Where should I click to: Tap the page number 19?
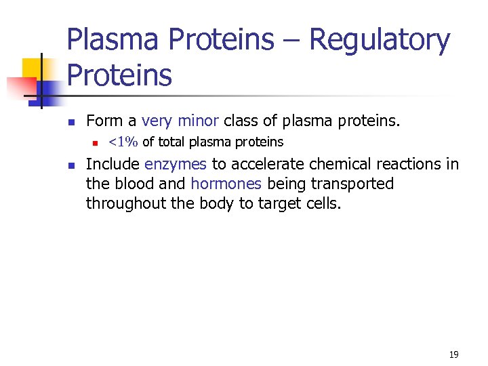pyautogui.click(x=453, y=354)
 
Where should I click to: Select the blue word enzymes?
pyautogui.click(x=176, y=165)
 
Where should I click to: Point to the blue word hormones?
pyautogui.click(x=226, y=184)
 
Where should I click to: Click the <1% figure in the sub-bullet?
pyautogui.click(x=123, y=142)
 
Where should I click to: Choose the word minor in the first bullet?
pyautogui.click(x=198, y=121)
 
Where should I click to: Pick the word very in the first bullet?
pyautogui.click(x=157, y=121)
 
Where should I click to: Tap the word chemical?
pyautogui.click(x=336, y=165)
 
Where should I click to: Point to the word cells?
pyautogui.click(x=325, y=203)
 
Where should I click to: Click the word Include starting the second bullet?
pyautogui.click(x=113, y=165)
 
